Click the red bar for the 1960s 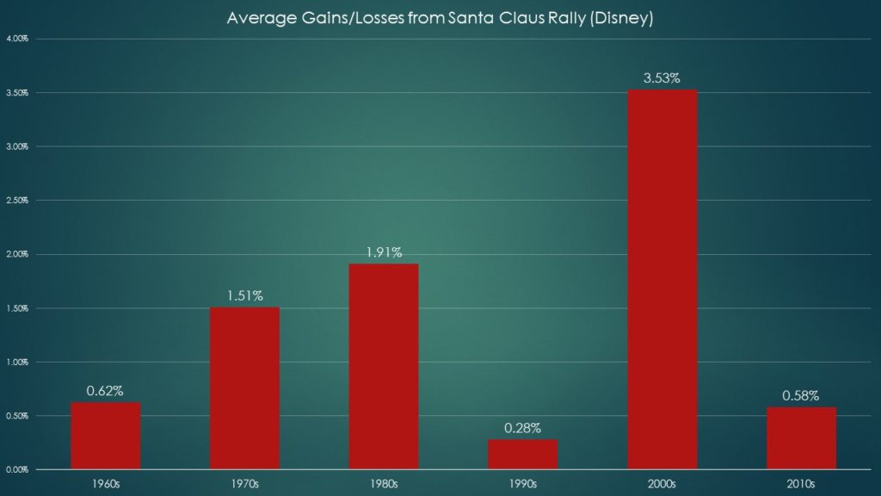[105, 436]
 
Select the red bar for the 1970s [244, 387]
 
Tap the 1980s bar [384, 366]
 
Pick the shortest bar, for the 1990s [523, 454]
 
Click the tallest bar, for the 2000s [662, 279]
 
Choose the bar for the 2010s [801, 437]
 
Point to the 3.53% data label [662, 78]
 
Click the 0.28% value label [523, 428]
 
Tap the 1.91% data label [384, 253]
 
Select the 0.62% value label [105, 391]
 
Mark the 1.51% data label [244, 296]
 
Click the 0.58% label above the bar [801, 396]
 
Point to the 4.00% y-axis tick [16, 39]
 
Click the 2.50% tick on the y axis [16, 201]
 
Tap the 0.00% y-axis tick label [16, 469]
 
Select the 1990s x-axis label [523, 483]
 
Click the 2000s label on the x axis [662, 483]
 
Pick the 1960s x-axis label [105, 483]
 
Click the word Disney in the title [625, 18]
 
